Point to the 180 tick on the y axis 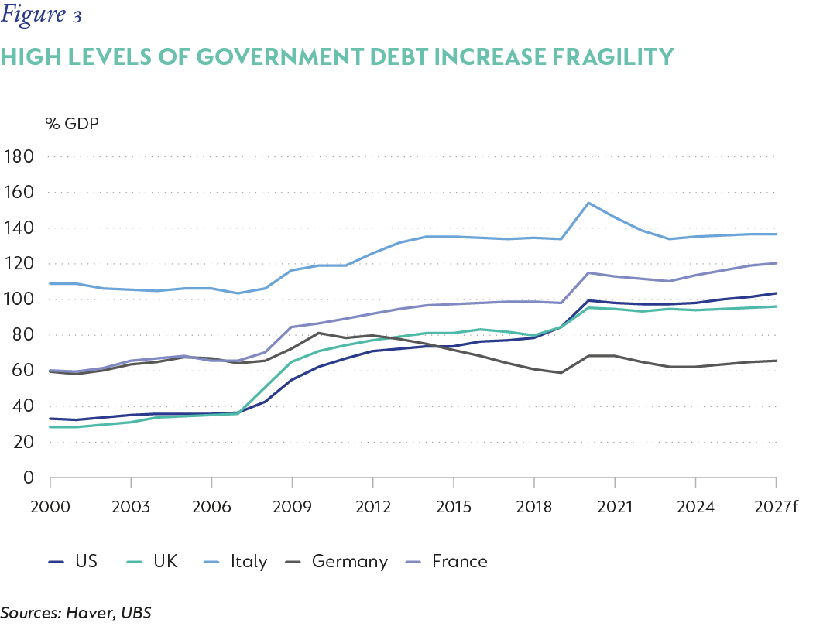[19, 157]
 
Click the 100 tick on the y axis [19, 299]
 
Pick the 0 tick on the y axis [29, 478]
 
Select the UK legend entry [153, 561]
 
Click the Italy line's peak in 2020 [588, 203]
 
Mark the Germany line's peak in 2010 [319, 333]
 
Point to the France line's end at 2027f [777, 263]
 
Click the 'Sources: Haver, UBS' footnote [76, 613]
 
